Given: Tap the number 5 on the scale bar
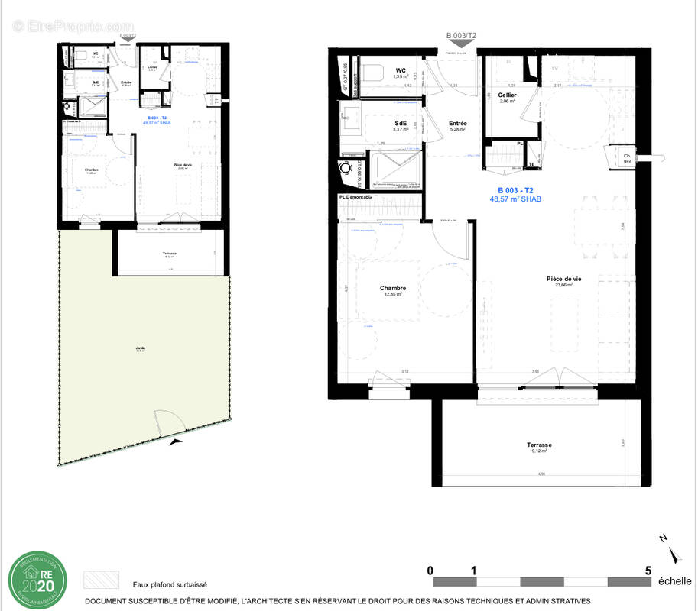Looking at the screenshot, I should point(648,570).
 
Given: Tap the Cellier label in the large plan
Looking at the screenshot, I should point(507,95).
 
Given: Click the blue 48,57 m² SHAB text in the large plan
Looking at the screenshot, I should point(520,199).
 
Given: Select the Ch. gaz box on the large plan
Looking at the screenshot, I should point(626,156).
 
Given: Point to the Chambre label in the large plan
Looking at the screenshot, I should point(392,288).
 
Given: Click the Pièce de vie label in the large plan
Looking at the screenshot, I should point(563,279).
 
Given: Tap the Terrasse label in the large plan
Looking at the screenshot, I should point(539,445).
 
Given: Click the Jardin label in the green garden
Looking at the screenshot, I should point(141,348).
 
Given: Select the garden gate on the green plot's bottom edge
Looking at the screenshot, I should point(167,425).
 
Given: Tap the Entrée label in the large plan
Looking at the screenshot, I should point(458,123).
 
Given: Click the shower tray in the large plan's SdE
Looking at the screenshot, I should point(394,169).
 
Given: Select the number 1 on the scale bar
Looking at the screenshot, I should point(474,570).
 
